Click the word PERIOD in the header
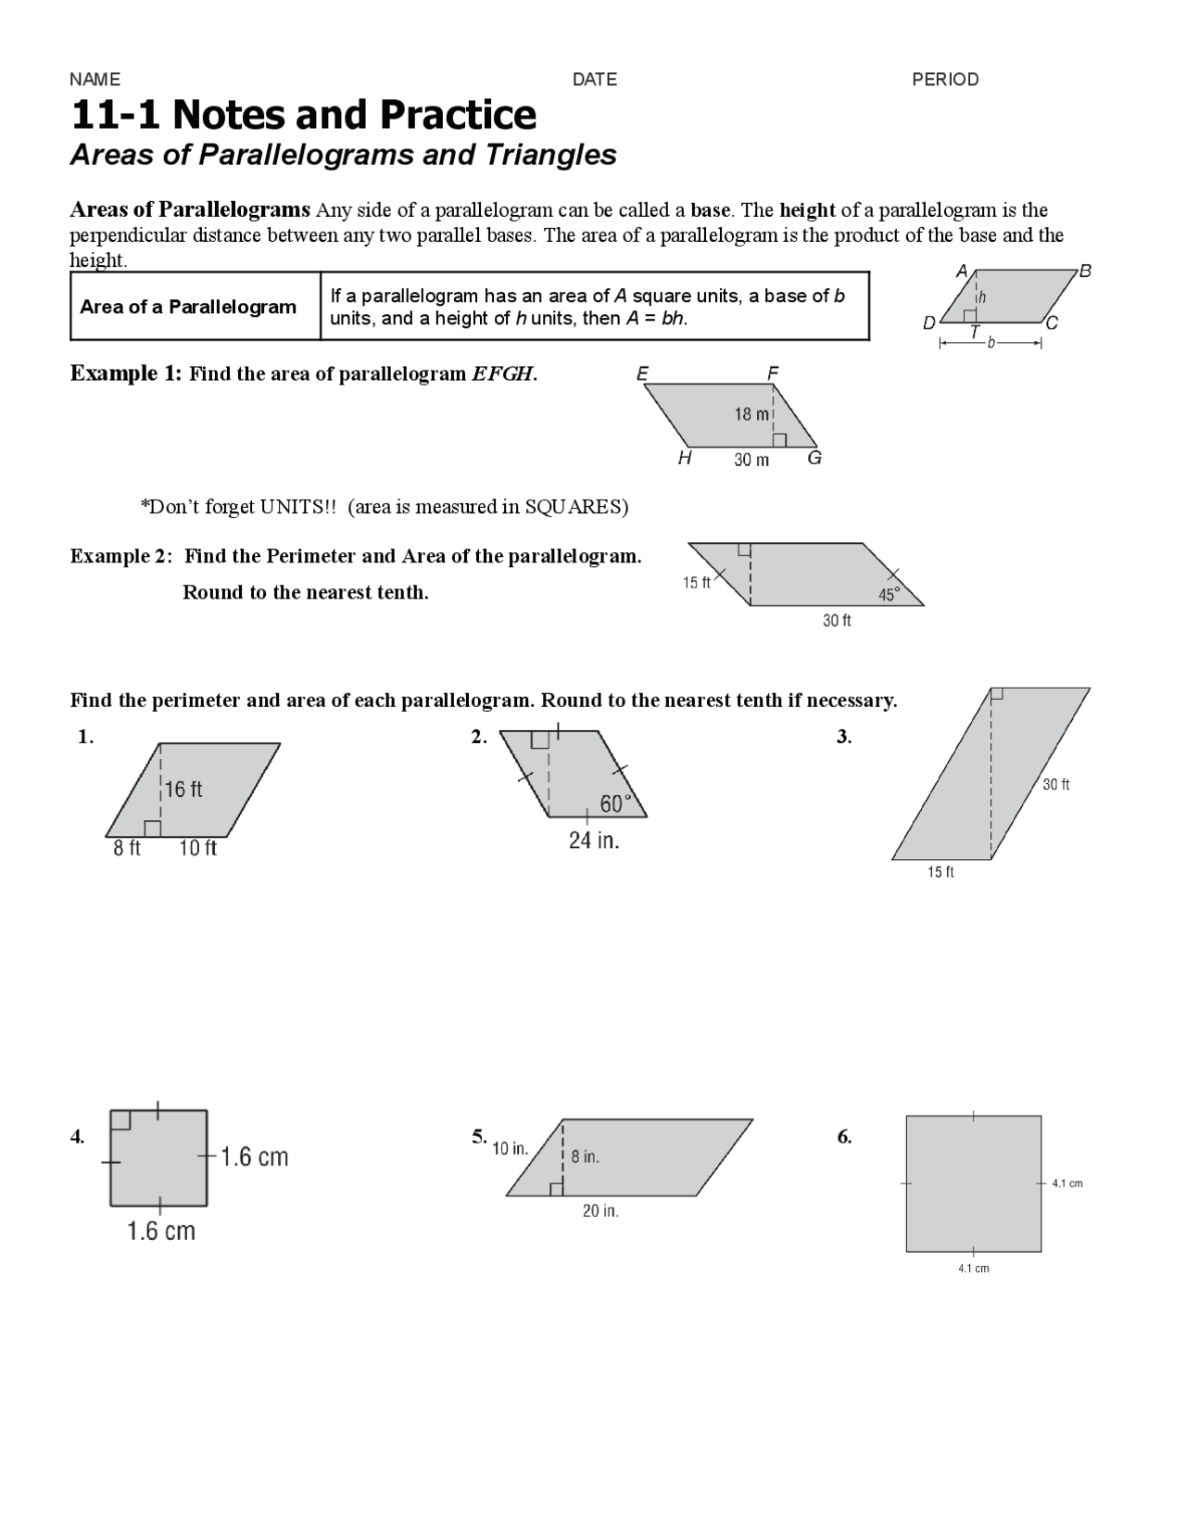[x=945, y=80]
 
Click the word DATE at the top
[x=594, y=80]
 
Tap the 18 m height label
[x=751, y=414]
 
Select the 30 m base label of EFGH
[x=751, y=461]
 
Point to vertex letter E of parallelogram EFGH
[x=642, y=373]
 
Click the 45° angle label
[x=889, y=595]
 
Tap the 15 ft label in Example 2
[x=697, y=583]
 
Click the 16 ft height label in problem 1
[x=183, y=790]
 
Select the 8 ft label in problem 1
[x=127, y=848]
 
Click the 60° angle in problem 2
[x=615, y=803]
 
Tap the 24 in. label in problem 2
[x=594, y=841]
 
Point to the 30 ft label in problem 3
[x=1055, y=785]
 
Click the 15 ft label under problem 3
[x=940, y=872]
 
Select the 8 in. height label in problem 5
[x=585, y=1157]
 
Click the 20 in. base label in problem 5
[x=600, y=1211]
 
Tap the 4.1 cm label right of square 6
[x=1067, y=1183]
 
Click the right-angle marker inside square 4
[x=120, y=1120]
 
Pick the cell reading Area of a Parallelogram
[x=188, y=307]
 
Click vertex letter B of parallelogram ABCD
[x=1086, y=271]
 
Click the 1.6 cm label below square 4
[x=161, y=1232]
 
